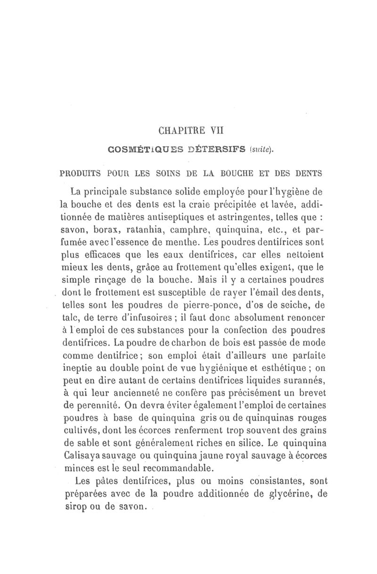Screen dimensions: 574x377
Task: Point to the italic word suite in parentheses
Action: pos(263,150)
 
